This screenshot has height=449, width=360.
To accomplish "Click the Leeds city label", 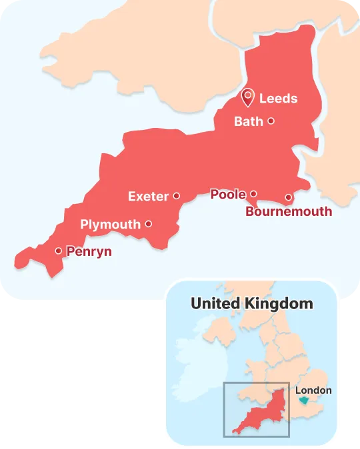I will click(278, 99).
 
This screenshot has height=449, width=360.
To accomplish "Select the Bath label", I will click(248, 121).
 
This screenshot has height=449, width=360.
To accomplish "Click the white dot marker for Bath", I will click(271, 121).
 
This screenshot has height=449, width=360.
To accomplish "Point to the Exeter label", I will click(148, 196).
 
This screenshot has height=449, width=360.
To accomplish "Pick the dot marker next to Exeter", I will click(176, 196).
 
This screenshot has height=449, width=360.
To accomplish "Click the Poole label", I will click(228, 195).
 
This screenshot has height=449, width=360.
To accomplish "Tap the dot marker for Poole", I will click(253, 195).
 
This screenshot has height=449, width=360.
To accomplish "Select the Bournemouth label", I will click(289, 212).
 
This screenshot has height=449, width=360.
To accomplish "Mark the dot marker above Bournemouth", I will click(288, 197).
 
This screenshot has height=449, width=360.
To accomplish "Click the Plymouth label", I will click(110, 224).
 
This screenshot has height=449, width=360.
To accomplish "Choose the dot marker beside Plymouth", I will click(148, 224).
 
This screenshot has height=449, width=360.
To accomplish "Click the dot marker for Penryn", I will click(59, 251).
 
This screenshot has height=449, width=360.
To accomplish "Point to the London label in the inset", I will click(313, 390).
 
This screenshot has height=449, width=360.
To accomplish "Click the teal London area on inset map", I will click(304, 400).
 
